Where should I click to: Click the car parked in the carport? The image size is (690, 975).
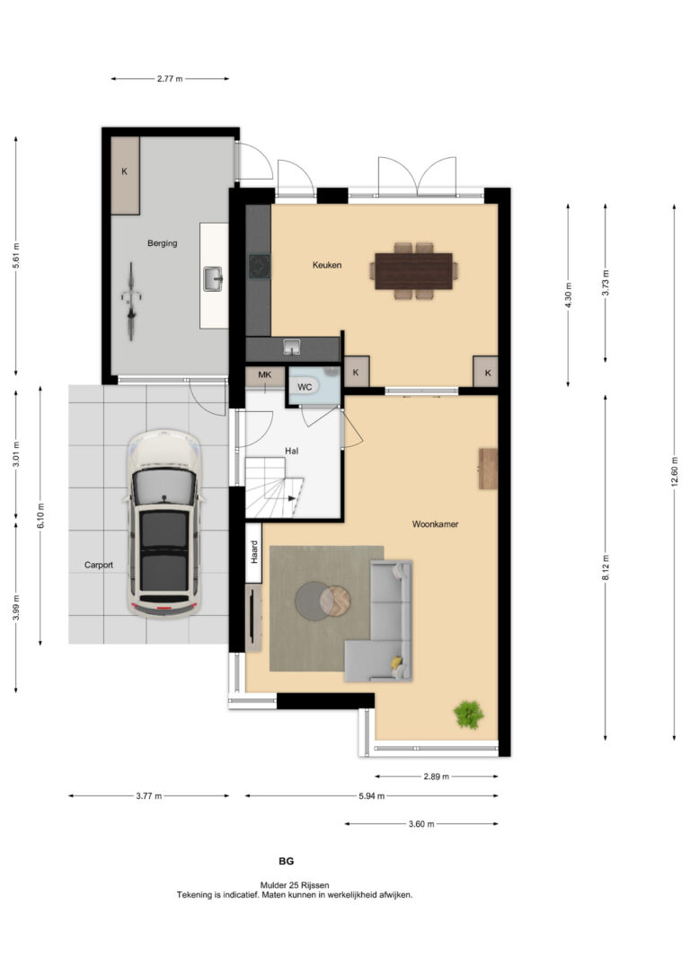(164, 523)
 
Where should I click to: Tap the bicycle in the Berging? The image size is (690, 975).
(130, 302)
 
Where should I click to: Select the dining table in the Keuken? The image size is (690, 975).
(414, 271)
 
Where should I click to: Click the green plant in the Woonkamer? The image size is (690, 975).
(468, 715)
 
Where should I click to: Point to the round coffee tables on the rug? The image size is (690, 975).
(323, 601)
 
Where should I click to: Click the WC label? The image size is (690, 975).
(305, 387)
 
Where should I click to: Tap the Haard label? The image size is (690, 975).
(254, 552)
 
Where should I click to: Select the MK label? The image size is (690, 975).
(265, 375)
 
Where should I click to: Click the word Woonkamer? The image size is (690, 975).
(435, 524)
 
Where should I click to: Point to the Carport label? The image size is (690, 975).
(99, 565)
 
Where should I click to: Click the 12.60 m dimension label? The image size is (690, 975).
(675, 472)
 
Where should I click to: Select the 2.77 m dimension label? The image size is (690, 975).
(170, 79)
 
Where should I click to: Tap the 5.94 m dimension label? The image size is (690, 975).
(371, 796)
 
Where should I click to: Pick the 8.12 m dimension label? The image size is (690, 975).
(606, 567)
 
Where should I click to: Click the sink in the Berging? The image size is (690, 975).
(213, 278)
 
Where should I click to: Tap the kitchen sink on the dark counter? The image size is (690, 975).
(290, 347)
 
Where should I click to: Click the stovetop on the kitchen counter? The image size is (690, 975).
(260, 266)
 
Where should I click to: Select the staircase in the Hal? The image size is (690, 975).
(274, 488)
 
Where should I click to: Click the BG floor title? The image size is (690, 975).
(287, 861)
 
